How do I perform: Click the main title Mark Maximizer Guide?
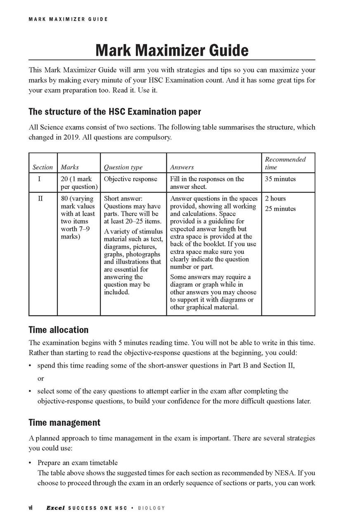172,50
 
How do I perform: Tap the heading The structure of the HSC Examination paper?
115,112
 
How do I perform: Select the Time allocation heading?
58,330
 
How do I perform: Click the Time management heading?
64,422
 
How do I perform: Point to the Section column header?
43,167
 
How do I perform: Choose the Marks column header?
70,167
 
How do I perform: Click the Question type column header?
123,167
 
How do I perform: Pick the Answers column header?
182,167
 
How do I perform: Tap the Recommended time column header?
285,163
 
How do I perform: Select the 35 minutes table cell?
280,179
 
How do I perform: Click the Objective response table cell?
130,179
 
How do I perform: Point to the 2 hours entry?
275,198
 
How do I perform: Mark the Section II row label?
40,198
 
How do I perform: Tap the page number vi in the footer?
31,508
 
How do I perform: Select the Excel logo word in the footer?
56,508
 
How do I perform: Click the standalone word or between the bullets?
40,378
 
